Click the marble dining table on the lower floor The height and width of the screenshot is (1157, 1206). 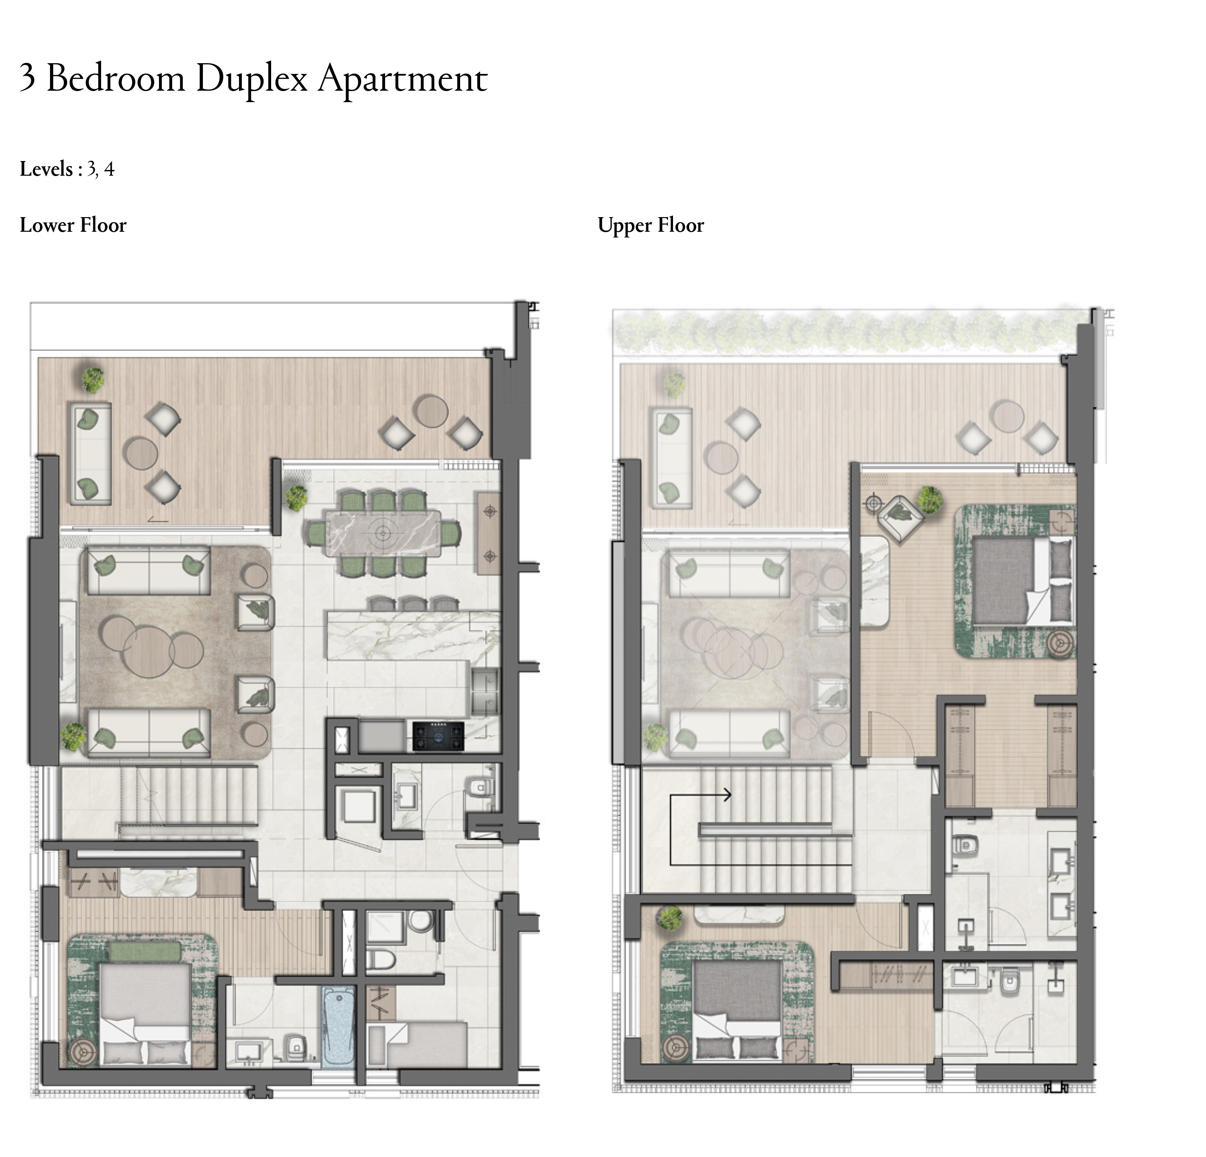383,533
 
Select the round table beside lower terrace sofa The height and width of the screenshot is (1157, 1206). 140,454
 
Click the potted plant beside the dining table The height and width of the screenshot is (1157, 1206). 296,497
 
